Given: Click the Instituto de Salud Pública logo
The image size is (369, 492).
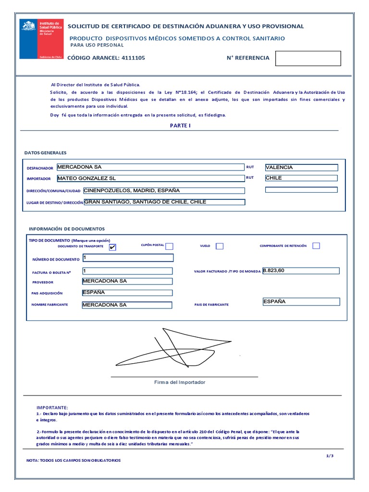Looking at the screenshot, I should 41,39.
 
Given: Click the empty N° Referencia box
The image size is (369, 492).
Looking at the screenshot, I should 307,58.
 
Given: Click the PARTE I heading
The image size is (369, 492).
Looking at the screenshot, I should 180,125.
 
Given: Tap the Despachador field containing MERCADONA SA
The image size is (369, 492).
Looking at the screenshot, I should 150,167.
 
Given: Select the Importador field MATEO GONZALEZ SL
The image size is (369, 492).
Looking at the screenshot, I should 150,178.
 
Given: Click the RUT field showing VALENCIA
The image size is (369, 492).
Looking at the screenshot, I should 301,168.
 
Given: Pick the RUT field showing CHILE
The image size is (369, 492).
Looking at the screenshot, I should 301,178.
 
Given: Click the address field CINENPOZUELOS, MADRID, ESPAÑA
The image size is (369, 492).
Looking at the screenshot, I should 164,191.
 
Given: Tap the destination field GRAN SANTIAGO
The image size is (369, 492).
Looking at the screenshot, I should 164,202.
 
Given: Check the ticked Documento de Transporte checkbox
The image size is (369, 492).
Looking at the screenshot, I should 112,247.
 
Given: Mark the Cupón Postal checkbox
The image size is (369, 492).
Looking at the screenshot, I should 169,246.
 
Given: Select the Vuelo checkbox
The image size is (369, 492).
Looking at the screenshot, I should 220,246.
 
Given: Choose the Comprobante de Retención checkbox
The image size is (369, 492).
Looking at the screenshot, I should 316,246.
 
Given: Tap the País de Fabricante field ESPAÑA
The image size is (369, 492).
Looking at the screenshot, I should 301,302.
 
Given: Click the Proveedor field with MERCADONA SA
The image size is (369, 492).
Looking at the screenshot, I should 127,282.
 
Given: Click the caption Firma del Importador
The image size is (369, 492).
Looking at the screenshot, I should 180,382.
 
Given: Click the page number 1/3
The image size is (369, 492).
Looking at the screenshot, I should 329,456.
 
